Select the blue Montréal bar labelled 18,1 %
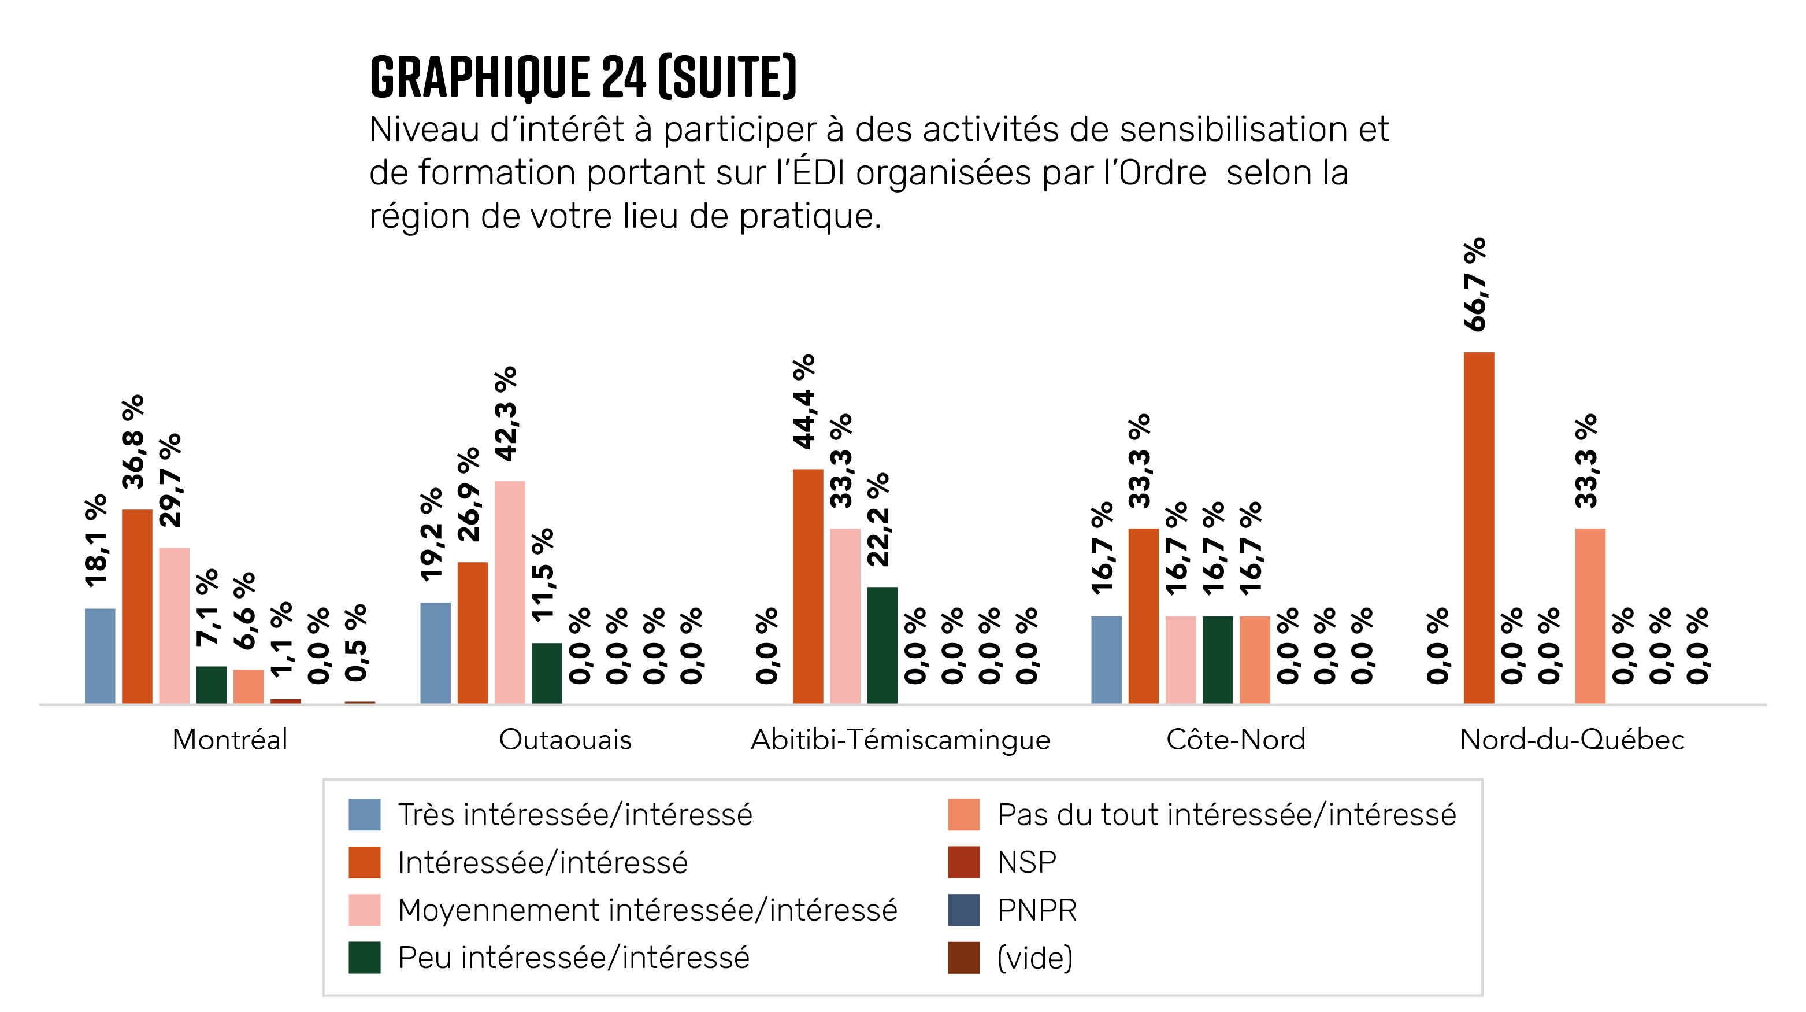[x=99, y=656]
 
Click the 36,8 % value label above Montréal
[x=133, y=441]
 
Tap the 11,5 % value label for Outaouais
[x=543, y=575]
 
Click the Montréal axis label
[x=230, y=739]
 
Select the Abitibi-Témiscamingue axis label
[x=900, y=739]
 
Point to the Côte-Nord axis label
[x=1236, y=739]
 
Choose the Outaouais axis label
[x=565, y=739]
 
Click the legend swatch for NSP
[x=963, y=862]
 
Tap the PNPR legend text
[x=1036, y=910]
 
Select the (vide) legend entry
[x=1035, y=957]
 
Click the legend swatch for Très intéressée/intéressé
[x=365, y=814]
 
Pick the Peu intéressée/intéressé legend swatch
[x=365, y=957]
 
